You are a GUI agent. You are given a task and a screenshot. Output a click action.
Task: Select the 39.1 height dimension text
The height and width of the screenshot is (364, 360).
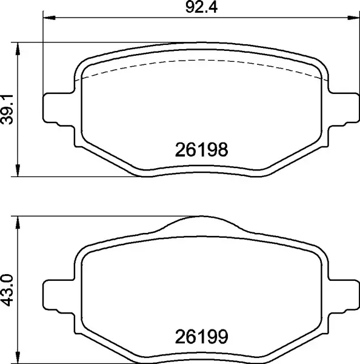pos(8,110)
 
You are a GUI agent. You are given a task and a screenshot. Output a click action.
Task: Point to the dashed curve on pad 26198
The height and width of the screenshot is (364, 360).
pos(200,61)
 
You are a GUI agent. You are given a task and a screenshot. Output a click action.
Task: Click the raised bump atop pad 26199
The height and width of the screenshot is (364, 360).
pos(200,222)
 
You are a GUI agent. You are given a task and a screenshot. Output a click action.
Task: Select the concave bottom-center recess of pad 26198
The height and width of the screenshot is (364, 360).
pos(200,170)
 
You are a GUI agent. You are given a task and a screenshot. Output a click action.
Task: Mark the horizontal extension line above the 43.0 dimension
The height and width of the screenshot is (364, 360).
pos(91,216)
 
